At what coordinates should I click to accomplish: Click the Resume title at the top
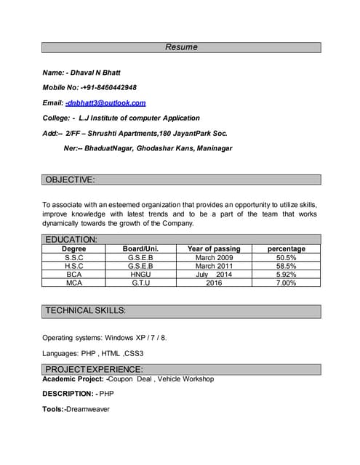click(181, 47)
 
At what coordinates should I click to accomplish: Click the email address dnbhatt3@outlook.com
click(105, 103)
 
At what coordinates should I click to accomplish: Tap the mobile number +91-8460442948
click(108, 88)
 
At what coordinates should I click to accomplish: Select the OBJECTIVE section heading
click(70, 179)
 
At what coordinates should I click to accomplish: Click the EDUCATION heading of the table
click(71, 239)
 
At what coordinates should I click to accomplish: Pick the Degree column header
click(74, 248)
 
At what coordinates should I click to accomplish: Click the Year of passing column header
click(214, 248)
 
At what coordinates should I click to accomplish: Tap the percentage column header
click(286, 248)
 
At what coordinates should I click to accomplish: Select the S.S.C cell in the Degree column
click(74, 257)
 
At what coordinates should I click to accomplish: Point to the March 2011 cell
click(214, 266)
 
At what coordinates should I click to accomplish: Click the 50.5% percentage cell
click(286, 257)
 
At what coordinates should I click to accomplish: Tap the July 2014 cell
click(214, 275)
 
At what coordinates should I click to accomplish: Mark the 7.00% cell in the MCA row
click(286, 283)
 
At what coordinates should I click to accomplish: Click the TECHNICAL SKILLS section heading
click(86, 311)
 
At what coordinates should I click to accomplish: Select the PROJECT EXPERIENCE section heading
click(94, 369)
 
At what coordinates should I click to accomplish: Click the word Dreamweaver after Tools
click(87, 409)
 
